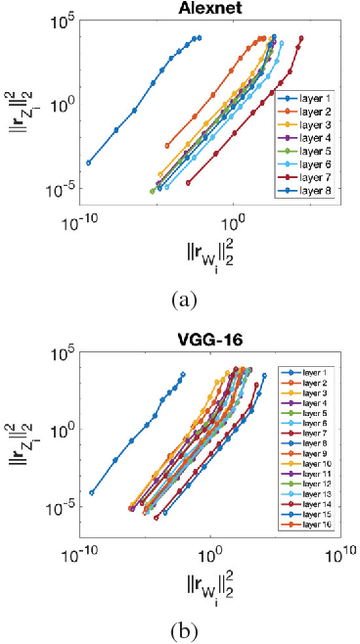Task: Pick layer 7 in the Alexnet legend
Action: click(x=316, y=179)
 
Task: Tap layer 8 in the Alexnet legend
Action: click(x=316, y=192)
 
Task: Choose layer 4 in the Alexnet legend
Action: click(x=316, y=140)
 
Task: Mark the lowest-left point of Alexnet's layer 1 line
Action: click(x=89, y=162)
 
